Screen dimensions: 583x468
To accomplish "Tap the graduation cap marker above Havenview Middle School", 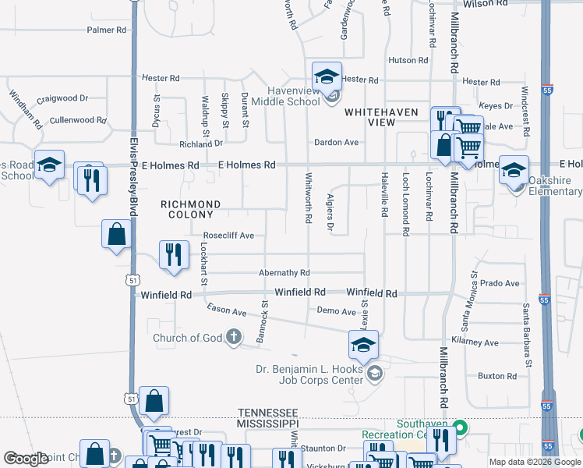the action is (327, 76).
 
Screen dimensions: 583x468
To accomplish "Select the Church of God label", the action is (188, 338).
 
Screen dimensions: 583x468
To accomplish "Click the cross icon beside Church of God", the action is (233, 337).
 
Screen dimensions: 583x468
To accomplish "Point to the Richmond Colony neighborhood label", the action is (190, 209).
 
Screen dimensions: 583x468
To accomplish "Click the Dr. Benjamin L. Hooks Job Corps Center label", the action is (309, 374).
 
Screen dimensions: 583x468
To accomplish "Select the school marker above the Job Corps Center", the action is (363, 345).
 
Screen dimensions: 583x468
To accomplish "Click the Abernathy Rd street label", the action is (284, 273).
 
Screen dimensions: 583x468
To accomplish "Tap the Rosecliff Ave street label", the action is (228, 235).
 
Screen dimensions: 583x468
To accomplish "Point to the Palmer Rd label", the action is (106, 30).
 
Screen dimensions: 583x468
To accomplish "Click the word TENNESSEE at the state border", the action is (267, 412).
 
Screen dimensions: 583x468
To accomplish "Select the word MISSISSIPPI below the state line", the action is (267, 422).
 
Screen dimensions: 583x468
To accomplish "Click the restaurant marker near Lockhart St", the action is (173, 254).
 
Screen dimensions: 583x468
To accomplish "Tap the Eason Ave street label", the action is (227, 311).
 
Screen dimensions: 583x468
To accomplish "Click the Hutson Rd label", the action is (408, 60).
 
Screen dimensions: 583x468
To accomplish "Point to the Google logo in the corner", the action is (26, 459).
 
